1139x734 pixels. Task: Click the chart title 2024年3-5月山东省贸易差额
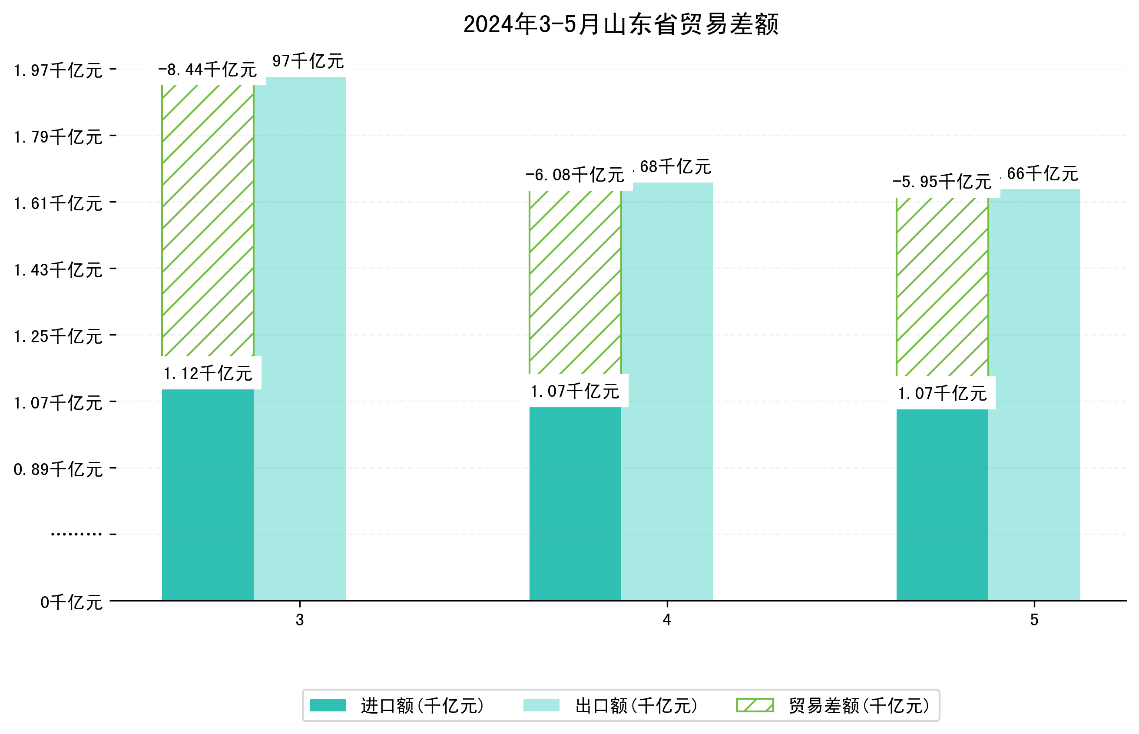click(x=620, y=24)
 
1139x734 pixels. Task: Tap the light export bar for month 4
click(x=667, y=391)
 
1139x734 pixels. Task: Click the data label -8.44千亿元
click(x=208, y=70)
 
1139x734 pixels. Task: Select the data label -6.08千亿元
click(x=575, y=176)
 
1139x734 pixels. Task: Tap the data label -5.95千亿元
click(x=942, y=182)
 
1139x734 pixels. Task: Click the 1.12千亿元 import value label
click(x=208, y=374)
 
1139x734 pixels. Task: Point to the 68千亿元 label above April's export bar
click(x=675, y=167)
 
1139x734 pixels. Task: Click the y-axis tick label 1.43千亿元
click(x=58, y=270)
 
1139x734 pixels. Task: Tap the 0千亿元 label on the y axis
click(x=71, y=602)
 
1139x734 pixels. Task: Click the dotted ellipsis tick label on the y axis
click(x=76, y=534)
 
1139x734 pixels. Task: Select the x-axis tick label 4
click(x=666, y=620)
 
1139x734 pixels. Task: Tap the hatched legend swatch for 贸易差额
click(x=755, y=705)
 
